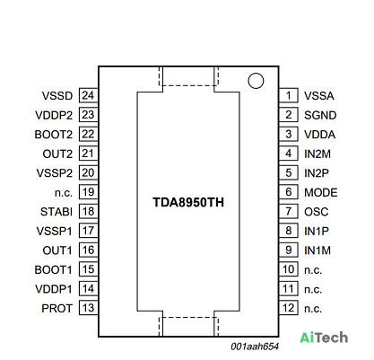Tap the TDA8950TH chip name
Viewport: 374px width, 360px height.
(188, 202)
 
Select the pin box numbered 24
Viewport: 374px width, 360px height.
(89, 95)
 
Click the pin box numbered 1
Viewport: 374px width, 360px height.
(289, 95)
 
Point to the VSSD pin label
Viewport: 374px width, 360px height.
(57, 96)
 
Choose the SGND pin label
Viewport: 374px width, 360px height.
(320, 115)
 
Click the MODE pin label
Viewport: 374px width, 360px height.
(321, 192)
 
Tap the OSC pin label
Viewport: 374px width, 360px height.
(317, 212)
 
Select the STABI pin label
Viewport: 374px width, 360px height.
(57, 212)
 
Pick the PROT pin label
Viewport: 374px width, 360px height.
(57, 309)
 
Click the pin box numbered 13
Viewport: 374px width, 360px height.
(89, 308)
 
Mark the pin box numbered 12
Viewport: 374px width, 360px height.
(289, 308)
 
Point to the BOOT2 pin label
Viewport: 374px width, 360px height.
(54, 135)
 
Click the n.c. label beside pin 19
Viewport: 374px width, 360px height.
(64, 193)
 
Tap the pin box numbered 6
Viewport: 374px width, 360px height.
(289, 192)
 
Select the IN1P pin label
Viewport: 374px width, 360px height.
(317, 231)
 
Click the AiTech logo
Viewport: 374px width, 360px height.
(324, 338)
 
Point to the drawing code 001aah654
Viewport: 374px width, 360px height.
(255, 347)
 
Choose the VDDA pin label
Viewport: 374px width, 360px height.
(319, 135)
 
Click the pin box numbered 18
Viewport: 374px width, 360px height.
(89, 211)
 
